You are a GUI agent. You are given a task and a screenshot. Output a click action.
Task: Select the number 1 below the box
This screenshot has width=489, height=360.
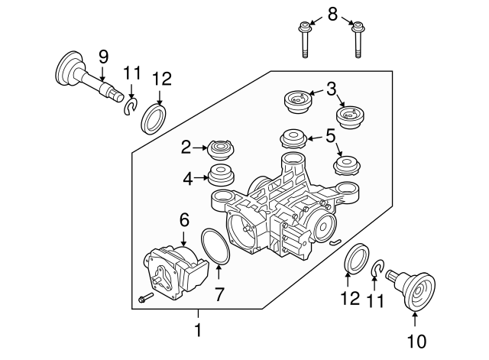198,331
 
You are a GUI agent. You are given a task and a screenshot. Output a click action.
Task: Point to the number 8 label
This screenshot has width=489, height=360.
332,13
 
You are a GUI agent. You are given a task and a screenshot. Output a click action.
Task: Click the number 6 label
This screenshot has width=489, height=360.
183,219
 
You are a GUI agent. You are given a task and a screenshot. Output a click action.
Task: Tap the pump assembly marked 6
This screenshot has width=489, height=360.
176,269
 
